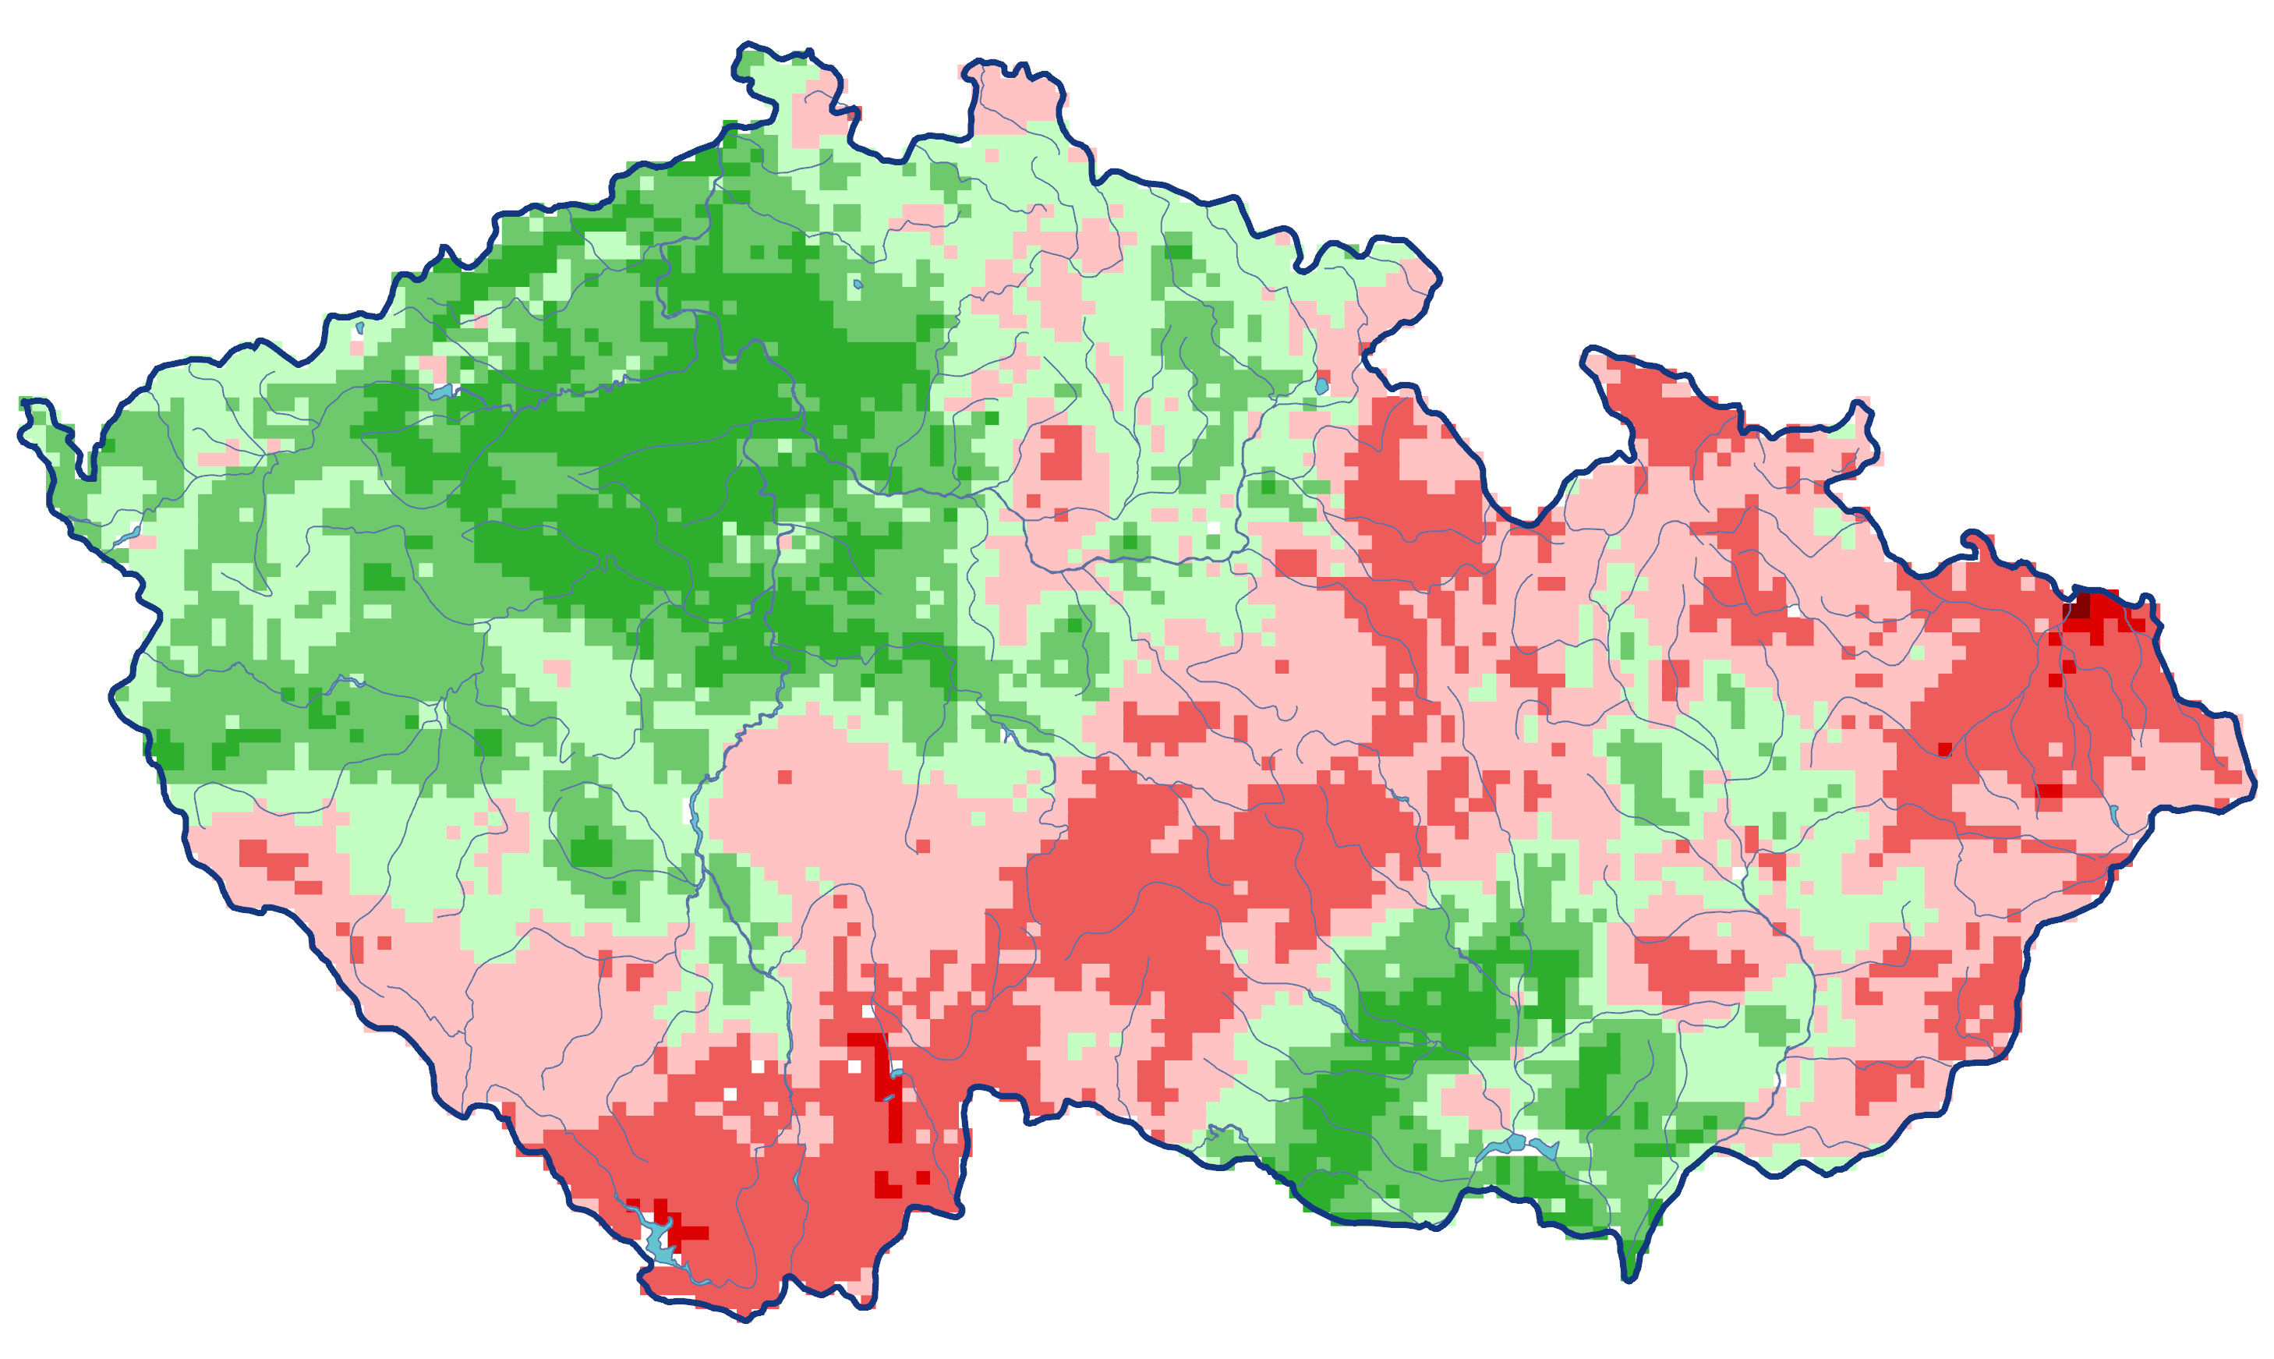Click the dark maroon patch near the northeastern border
coord(2081,607)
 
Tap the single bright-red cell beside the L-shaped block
coord(922,1177)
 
